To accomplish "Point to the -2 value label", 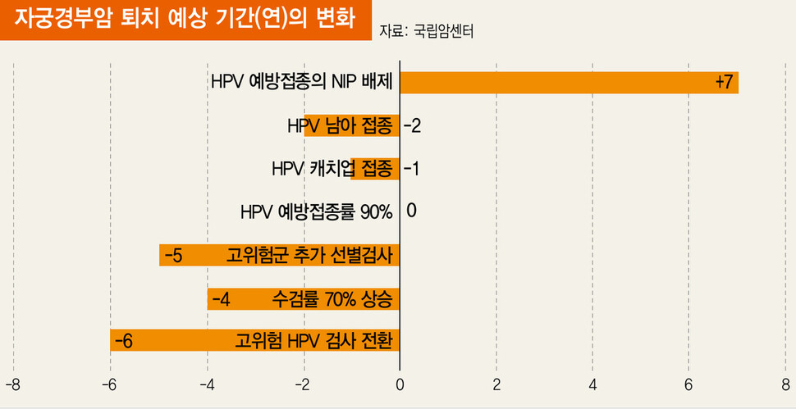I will pos(412,126).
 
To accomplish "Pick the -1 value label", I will pos(412,169).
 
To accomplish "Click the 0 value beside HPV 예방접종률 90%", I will pos(411,211).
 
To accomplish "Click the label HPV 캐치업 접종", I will pos(332,169).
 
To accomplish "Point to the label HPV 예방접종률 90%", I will pos(316,211).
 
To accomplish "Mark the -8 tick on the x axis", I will pos(12,384).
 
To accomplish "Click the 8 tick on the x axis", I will pos(785,384).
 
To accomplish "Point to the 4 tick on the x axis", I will pos(592,384).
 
